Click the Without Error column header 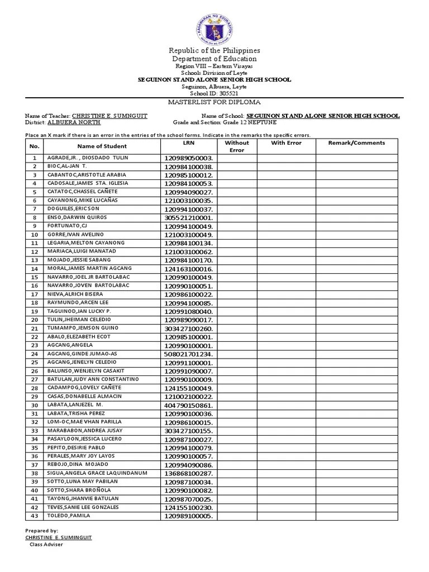click(x=237, y=146)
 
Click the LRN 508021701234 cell click(x=189, y=354)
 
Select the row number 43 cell click(x=34, y=516)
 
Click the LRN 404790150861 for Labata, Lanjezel click(x=189, y=405)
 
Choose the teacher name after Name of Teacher click(x=109, y=116)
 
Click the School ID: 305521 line click(x=214, y=93)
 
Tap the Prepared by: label click(x=42, y=531)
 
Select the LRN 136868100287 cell click(x=189, y=473)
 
